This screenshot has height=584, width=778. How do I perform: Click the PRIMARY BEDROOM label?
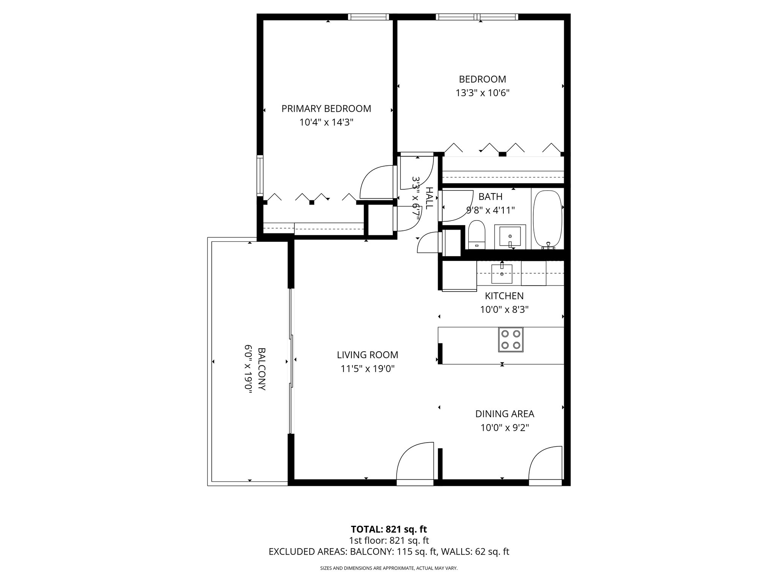[326, 109]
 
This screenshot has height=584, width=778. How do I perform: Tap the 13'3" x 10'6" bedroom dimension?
[482, 93]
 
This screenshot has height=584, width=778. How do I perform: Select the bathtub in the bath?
[548, 219]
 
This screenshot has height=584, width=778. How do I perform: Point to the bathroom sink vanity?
[510, 236]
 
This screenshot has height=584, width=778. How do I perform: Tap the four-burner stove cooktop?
[511, 340]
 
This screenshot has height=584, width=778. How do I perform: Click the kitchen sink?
[502, 274]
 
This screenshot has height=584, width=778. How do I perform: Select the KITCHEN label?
[504, 296]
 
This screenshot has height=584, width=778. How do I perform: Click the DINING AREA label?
[504, 414]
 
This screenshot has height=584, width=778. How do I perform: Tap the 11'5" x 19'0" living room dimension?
[368, 369]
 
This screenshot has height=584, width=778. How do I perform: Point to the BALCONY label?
[261, 369]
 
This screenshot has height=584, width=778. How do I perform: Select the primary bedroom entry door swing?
[376, 182]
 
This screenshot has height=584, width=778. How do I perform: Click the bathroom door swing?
[454, 205]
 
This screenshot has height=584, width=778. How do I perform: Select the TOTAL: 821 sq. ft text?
[389, 529]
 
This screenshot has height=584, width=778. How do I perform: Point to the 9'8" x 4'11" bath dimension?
[490, 210]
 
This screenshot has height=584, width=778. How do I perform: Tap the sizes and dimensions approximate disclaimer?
[389, 568]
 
